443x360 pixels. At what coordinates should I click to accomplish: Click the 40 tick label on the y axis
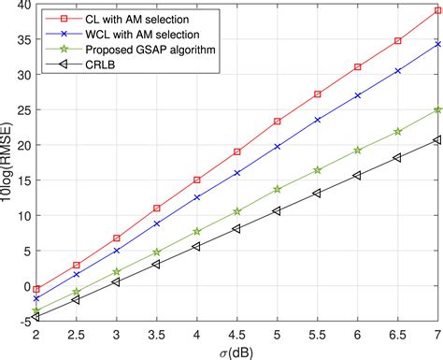[23, 6]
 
